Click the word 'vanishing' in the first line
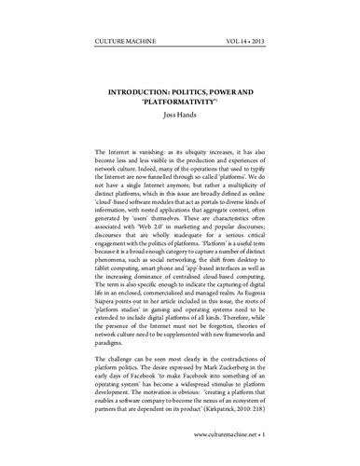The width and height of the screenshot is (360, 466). tap(144, 151)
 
